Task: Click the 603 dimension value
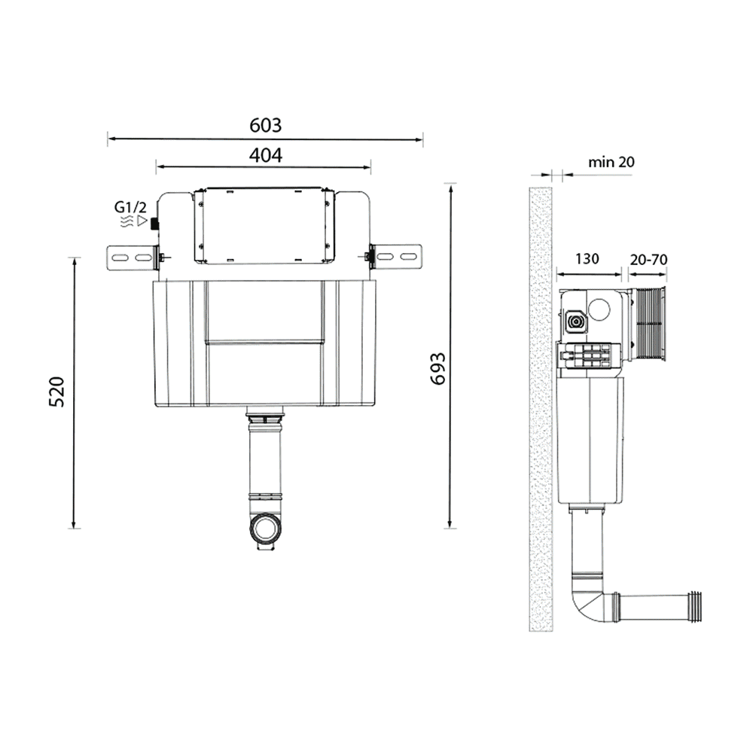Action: [x=265, y=125]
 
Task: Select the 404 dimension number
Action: [x=265, y=155]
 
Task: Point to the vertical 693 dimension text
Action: [x=437, y=368]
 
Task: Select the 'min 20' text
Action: [x=611, y=161]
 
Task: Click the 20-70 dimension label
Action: [x=648, y=259]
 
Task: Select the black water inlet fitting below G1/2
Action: [x=154, y=224]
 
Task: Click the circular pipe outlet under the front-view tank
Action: [x=265, y=529]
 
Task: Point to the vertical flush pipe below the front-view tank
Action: [x=265, y=459]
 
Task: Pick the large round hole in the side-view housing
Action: [x=602, y=309]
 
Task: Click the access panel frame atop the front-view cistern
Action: [x=264, y=226]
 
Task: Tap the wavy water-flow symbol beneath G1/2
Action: [x=125, y=222]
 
